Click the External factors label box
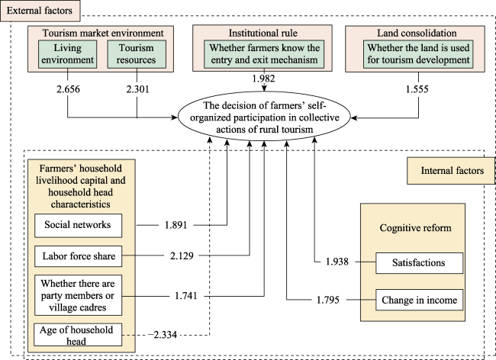tap(40, 11)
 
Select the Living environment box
tap(67, 54)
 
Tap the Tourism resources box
tap(137, 54)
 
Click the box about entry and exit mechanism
tap(264, 54)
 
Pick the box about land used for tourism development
tap(418, 54)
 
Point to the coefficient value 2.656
tap(68, 89)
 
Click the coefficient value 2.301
tap(137, 89)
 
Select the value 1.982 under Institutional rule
tap(263, 79)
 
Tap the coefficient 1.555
tap(417, 89)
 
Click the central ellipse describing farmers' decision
tap(264, 117)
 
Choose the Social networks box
tap(78, 225)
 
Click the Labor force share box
tap(78, 256)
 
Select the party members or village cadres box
tap(78, 295)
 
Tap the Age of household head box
tap(78, 335)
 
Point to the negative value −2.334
tap(163, 334)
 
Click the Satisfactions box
tap(419, 263)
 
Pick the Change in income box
tap(419, 300)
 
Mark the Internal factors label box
tap(451, 171)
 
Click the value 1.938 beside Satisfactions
tap(337, 262)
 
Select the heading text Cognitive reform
tap(415, 228)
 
